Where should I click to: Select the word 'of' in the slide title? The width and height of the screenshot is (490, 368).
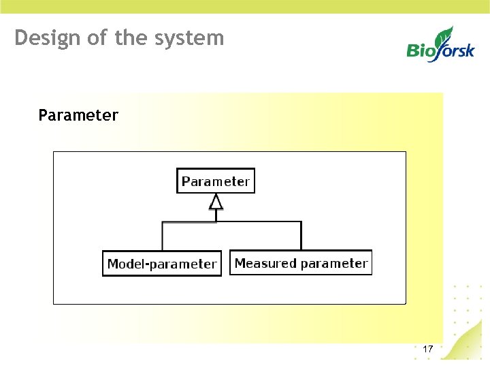click(98, 37)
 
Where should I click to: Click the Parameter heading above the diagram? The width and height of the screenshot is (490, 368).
click(78, 115)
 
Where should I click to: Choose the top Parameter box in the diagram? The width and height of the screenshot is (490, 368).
click(216, 181)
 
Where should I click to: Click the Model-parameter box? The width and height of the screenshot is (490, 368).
click(162, 264)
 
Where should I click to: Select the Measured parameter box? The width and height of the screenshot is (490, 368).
click(301, 263)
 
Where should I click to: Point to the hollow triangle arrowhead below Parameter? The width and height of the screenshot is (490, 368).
click(216, 202)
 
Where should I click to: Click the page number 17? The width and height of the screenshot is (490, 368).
click(427, 349)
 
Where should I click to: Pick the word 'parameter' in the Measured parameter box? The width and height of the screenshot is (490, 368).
click(334, 264)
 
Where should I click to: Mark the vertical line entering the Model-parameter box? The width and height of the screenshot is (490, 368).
click(162, 237)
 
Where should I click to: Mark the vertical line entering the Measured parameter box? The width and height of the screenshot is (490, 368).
click(301, 236)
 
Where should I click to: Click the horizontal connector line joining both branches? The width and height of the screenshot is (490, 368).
click(259, 221)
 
